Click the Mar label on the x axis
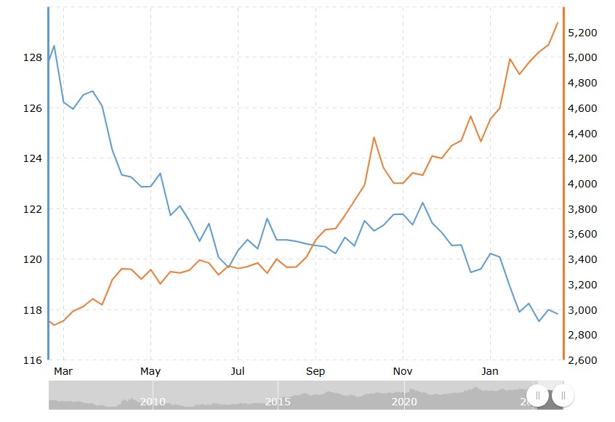click(x=64, y=372)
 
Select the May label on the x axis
click(x=150, y=372)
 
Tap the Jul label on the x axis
click(x=237, y=372)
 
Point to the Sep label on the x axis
click(x=315, y=372)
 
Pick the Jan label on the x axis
click(x=491, y=372)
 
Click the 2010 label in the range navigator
click(x=152, y=402)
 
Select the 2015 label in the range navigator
click(x=278, y=402)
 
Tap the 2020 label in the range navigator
click(x=403, y=402)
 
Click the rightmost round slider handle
click(x=563, y=396)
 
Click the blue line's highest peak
click(x=54, y=46)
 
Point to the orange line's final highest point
click(x=558, y=23)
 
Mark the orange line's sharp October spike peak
click(x=374, y=137)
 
